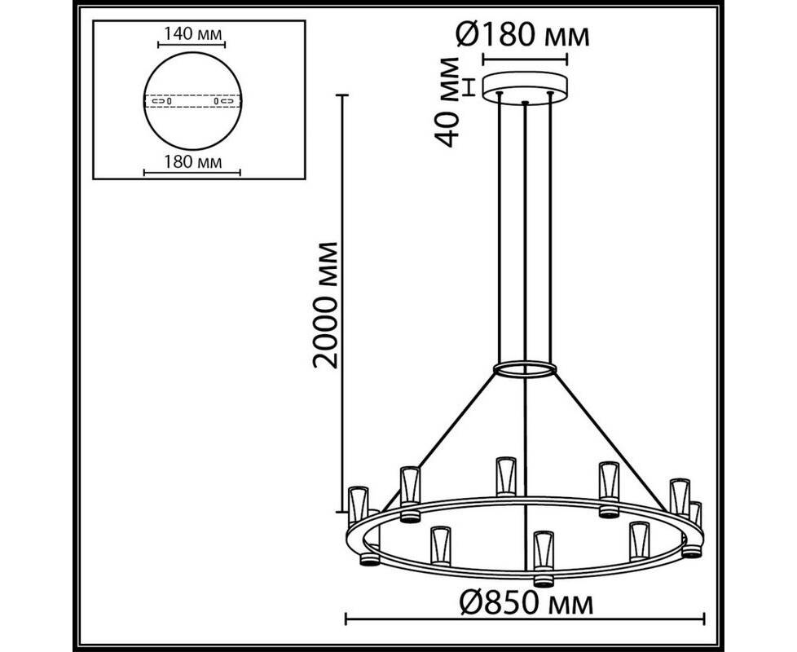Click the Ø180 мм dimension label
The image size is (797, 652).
coord(523,34)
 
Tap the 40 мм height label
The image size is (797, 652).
coord(448,102)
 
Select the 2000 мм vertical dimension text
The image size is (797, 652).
coord(324,305)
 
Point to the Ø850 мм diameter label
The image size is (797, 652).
coord(526,604)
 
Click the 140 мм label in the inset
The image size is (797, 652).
coord(192,34)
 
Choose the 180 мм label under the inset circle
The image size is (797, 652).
coord(192,161)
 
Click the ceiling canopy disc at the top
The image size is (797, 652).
coord(525,88)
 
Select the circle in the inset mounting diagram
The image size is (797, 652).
coord(192,53)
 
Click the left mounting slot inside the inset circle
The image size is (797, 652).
coord(161,101)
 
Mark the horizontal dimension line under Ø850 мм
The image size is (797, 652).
coord(525,619)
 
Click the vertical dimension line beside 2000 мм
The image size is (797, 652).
coord(342,303)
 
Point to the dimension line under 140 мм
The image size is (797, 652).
coord(192,45)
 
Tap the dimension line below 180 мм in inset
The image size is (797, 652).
coord(192,173)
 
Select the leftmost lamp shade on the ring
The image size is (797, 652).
coord(357,505)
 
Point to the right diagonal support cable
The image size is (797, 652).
coord(610,441)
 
